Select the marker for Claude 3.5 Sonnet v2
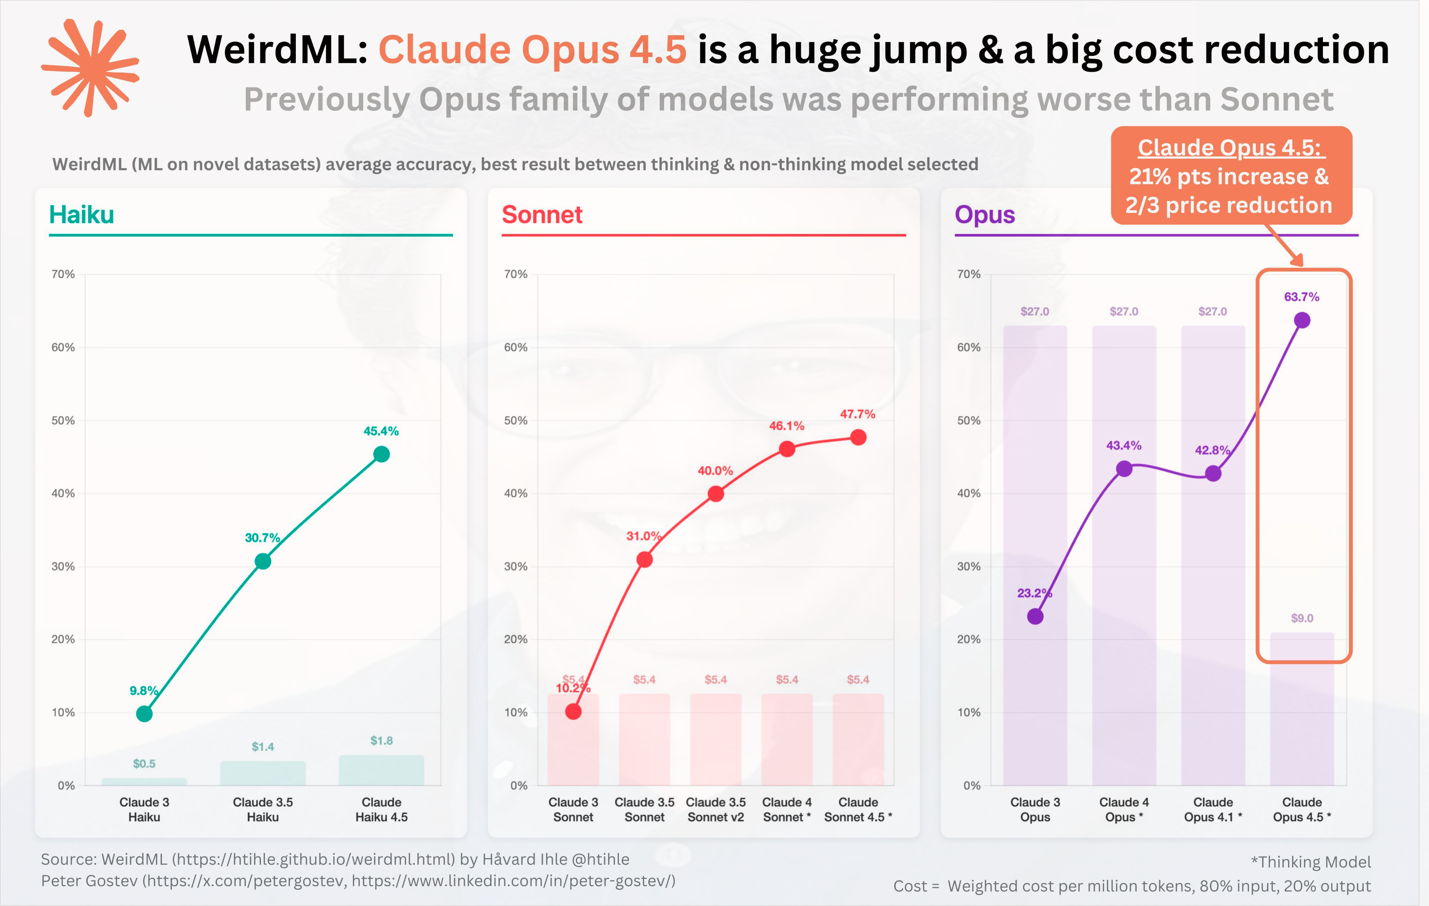(x=716, y=494)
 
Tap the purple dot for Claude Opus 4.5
(x=1302, y=320)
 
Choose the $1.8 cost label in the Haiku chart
(x=382, y=740)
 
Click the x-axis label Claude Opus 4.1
(x=1213, y=809)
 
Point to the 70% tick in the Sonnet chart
(x=516, y=274)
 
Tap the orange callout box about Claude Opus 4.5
(x=1232, y=175)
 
